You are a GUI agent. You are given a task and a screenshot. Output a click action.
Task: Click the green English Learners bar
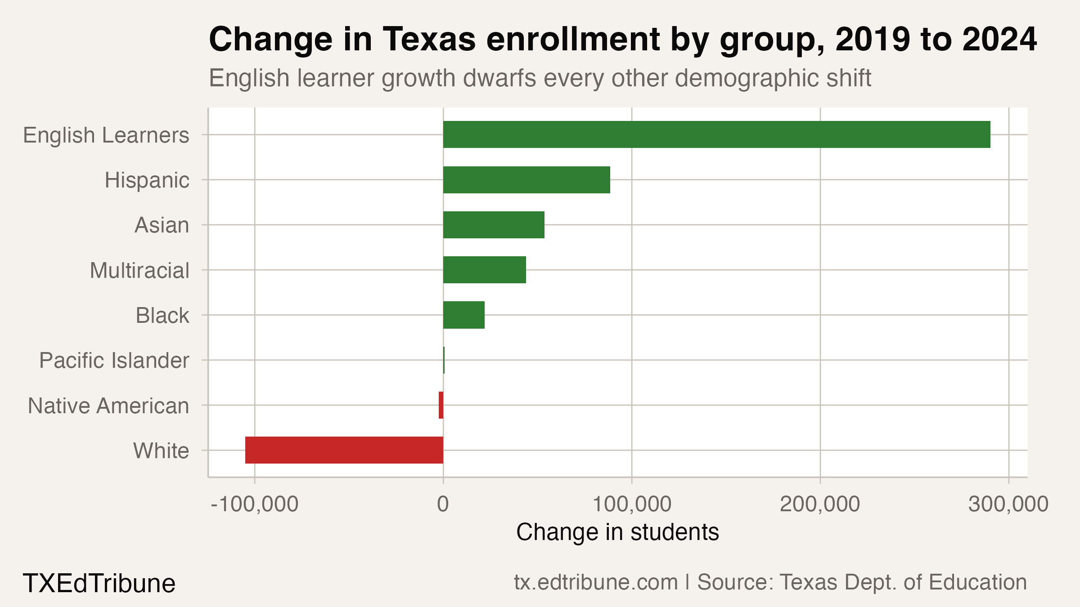716,134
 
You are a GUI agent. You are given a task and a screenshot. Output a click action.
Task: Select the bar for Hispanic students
526,180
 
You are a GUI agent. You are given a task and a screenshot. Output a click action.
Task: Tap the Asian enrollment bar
494,225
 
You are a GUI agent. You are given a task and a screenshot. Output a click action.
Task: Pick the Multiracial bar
484,270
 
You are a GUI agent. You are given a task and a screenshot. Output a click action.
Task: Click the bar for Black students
463,315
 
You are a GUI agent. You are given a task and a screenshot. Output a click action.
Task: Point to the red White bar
344,450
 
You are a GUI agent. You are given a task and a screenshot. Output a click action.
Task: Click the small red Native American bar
441,405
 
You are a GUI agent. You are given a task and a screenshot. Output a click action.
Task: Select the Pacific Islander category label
114,361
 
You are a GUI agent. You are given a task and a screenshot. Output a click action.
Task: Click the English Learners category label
106,135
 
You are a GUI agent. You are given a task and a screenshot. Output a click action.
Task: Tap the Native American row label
108,406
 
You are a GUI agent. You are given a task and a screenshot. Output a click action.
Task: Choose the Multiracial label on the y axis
139,271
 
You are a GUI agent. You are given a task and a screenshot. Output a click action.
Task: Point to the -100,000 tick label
255,504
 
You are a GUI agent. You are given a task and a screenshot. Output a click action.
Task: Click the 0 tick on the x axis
443,504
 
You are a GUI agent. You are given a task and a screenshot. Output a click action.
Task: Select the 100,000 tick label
632,504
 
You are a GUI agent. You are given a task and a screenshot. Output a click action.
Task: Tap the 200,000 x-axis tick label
820,504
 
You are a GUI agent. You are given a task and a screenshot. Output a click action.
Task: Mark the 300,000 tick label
1008,504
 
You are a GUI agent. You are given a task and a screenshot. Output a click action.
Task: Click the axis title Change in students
617,532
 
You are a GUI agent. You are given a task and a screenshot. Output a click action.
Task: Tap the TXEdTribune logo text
99,584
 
